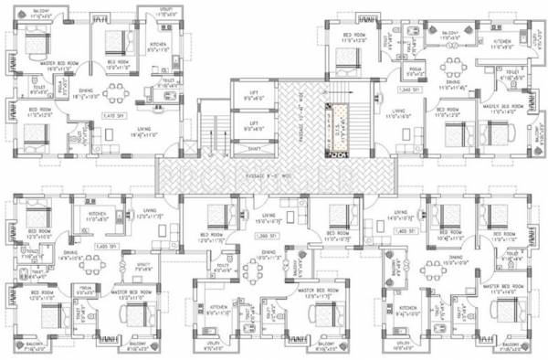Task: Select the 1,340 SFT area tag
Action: (410, 90)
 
